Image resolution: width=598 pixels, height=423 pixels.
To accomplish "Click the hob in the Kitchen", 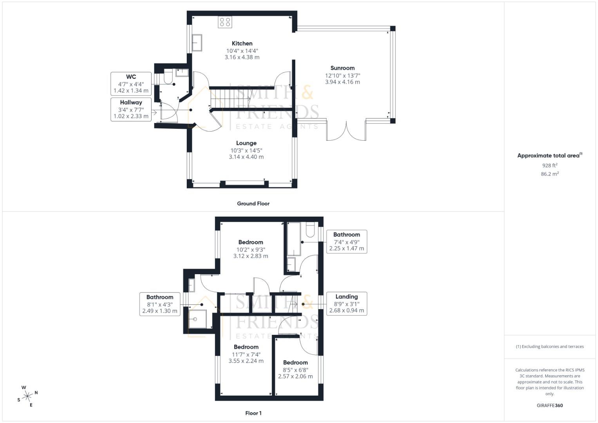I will coord(225,22).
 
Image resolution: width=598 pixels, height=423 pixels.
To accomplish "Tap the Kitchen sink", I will coord(197,43).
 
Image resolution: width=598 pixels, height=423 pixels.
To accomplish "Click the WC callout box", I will coord(131,83).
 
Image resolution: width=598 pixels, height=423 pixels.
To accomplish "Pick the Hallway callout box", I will coord(131,109).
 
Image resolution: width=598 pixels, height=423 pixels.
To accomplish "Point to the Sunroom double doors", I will coord(346,131).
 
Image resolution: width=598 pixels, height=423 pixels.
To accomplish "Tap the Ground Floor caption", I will coord(253,204).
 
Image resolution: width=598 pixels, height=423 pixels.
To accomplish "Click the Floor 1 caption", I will coord(253,413).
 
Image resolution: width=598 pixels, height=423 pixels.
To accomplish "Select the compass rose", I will coord(27,396).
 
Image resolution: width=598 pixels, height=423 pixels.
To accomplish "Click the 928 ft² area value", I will coord(549,166).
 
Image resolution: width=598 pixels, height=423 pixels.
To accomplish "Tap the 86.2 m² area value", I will coord(549,174).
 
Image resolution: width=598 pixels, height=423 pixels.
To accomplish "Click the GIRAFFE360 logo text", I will coord(549,405).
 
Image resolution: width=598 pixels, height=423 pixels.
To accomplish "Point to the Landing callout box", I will coord(347,304).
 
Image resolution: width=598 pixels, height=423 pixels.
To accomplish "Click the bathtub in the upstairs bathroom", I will coord(294,239).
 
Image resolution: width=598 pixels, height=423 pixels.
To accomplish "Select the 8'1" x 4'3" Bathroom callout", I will coord(160,304).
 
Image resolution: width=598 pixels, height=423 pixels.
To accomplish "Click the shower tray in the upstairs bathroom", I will coord(198,319).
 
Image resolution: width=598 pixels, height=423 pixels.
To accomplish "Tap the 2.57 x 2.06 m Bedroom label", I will coord(295,369).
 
